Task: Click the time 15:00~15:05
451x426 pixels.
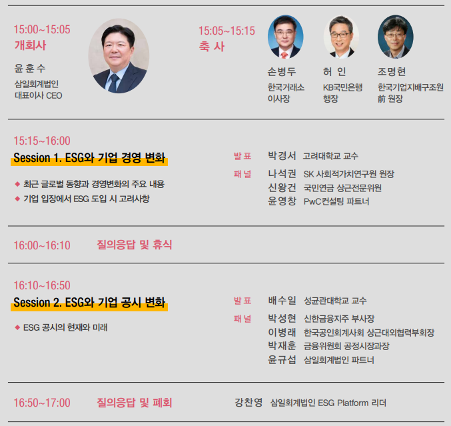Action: click(42, 29)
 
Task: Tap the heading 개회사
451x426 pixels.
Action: click(30, 45)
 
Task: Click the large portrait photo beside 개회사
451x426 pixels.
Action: click(119, 56)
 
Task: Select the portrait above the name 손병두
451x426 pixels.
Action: click(285, 37)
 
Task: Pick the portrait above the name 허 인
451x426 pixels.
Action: click(341, 37)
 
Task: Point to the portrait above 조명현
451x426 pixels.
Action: click(396, 37)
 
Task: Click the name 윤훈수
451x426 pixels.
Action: click(30, 68)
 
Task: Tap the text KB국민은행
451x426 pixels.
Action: click(342, 87)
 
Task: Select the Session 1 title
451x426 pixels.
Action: click(89, 158)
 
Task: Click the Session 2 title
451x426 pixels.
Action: click(89, 302)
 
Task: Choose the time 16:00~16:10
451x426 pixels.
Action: click(42, 245)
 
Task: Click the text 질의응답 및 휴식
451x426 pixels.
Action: click(134, 245)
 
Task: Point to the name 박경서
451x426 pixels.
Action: click(282, 156)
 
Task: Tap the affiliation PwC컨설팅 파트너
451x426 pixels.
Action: click(336, 201)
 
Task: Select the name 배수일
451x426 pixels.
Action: click(282, 301)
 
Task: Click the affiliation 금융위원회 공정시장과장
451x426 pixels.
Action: click(346, 346)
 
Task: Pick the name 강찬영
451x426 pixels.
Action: click(248, 402)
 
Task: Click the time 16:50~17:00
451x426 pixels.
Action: click(42, 403)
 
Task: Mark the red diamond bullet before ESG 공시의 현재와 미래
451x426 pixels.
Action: click(17, 327)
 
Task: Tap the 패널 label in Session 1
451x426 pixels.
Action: click(242, 174)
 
